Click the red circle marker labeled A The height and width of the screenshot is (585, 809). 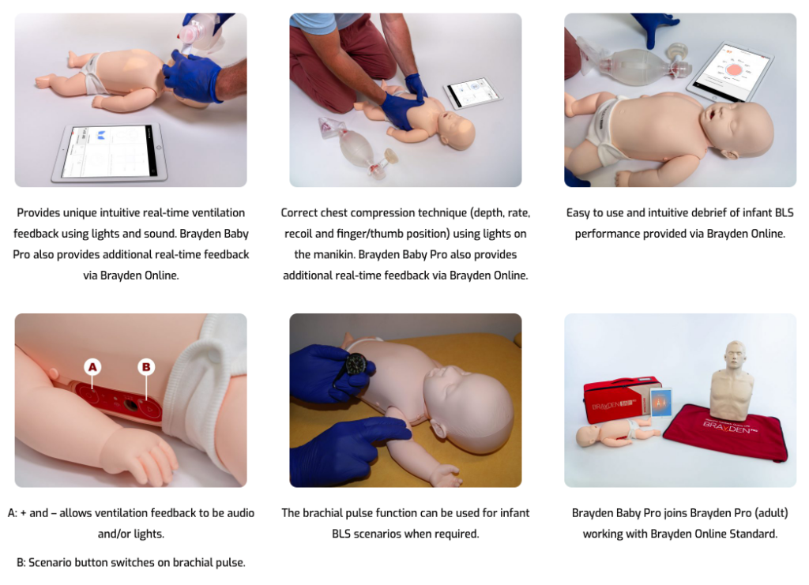point(92,366)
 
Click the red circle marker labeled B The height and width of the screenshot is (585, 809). point(145,366)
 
